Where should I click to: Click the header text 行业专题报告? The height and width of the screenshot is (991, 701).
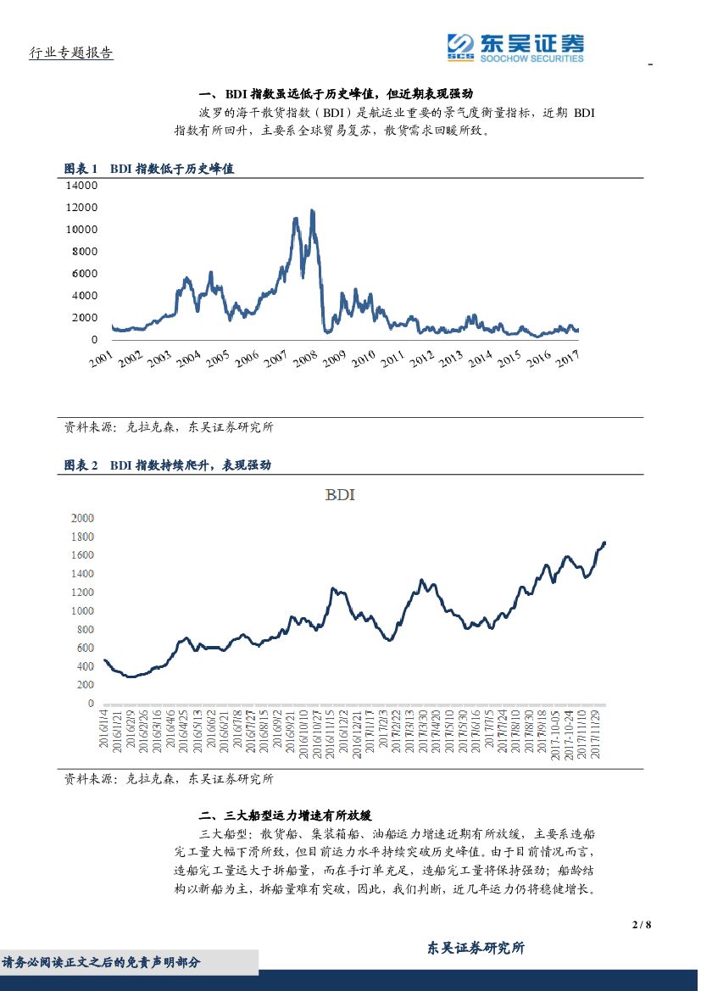tap(71, 53)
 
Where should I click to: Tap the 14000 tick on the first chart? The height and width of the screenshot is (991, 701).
tap(81, 185)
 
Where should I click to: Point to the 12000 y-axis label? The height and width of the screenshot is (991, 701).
tap(81, 207)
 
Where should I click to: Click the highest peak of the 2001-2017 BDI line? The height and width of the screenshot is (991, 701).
tap(312, 210)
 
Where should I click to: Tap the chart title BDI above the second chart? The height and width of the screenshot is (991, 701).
tap(339, 495)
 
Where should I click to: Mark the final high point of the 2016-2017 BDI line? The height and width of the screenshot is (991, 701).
tap(604, 543)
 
